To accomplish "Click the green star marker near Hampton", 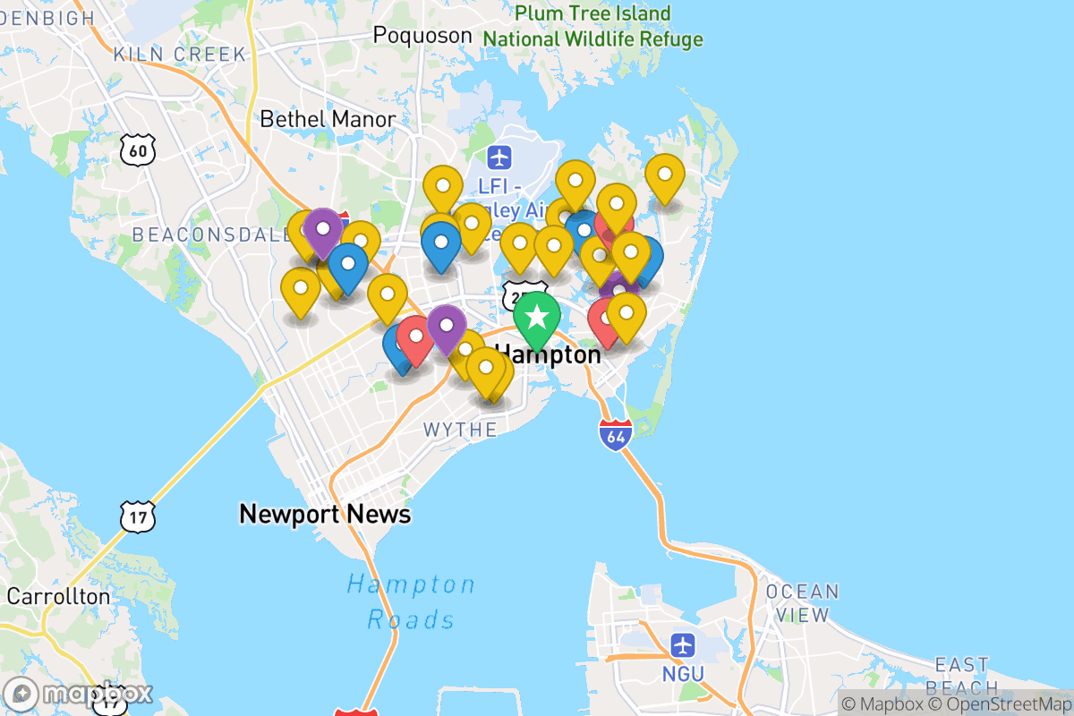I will [x=537, y=317].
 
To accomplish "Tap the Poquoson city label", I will [x=422, y=35].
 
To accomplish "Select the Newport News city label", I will [x=325, y=514].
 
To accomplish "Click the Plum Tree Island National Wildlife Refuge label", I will [x=592, y=26].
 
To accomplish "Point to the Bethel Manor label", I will [x=328, y=119].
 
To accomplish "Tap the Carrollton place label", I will [x=59, y=596].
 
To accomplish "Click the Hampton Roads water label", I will [x=412, y=601].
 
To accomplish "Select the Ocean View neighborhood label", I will [x=803, y=603].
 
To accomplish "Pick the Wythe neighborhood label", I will [x=460, y=430].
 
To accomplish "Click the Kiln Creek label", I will [x=179, y=55].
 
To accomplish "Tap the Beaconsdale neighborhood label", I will [x=197, y=235].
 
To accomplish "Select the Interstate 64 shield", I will [x=616, y=434].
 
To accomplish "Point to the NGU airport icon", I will [x=683, y=644].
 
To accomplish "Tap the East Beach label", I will [x=961, y=676].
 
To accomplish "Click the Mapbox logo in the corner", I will [x=81, y=694].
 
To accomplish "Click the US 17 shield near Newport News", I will [x=137, y=515].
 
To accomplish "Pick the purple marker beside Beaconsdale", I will [x=322, y=230].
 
